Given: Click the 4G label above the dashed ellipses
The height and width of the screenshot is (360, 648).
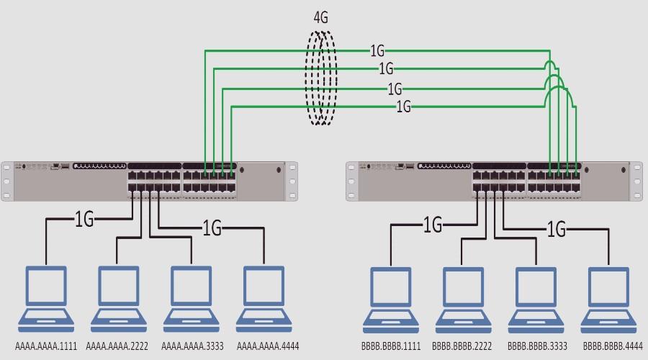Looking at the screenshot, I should (x=320, y=18).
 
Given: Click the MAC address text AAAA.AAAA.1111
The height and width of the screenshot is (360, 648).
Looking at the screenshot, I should (x=46, y=346).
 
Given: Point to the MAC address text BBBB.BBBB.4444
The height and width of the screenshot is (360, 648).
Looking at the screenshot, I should (x=613, y=346).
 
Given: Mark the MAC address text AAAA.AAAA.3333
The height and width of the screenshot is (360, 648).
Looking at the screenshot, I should (x=192, y=346).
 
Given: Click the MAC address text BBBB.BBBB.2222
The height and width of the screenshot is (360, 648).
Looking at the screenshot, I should (x=463, y=346).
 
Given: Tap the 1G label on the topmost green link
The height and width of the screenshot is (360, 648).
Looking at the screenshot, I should (x=377, y=51).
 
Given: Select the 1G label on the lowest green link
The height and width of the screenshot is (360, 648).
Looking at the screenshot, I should (x=404, y=107).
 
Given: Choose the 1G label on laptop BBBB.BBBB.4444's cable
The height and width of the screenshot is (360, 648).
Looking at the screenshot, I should (x=557, y=230).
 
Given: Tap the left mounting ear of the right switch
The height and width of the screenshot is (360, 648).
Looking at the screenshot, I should (x=351, y=180).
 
